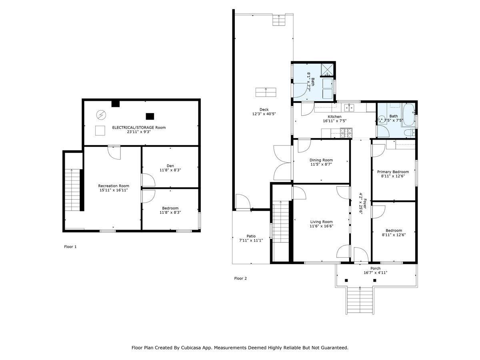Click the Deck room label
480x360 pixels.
(x=264, y=110)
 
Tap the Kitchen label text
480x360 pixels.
(x=334, y=116)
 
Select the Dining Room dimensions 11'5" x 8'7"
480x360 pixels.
(x=321, y=164)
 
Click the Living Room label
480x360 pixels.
(x=321, y=222)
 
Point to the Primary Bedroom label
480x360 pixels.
(x=393, y=172)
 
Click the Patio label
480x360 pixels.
(x=251, y=236)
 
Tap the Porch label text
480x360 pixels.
(x=375, y=268)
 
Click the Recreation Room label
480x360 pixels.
(x=114, y=186)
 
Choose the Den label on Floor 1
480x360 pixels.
(x=170, y=166)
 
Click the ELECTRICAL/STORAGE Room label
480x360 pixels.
(x=139, y=127)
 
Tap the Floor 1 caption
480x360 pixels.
(x=70, y=247)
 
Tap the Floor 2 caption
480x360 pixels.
(x=240, y=278)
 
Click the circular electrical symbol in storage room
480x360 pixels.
(x=101, y=115)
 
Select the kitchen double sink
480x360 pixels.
(x=349, y=107)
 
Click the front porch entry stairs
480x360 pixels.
(x=360, y=301)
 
